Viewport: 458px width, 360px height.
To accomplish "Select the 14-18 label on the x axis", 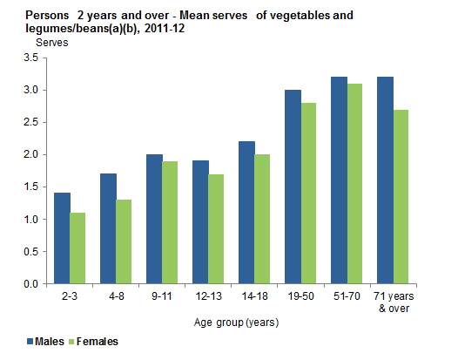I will click(x=253, y=296).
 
